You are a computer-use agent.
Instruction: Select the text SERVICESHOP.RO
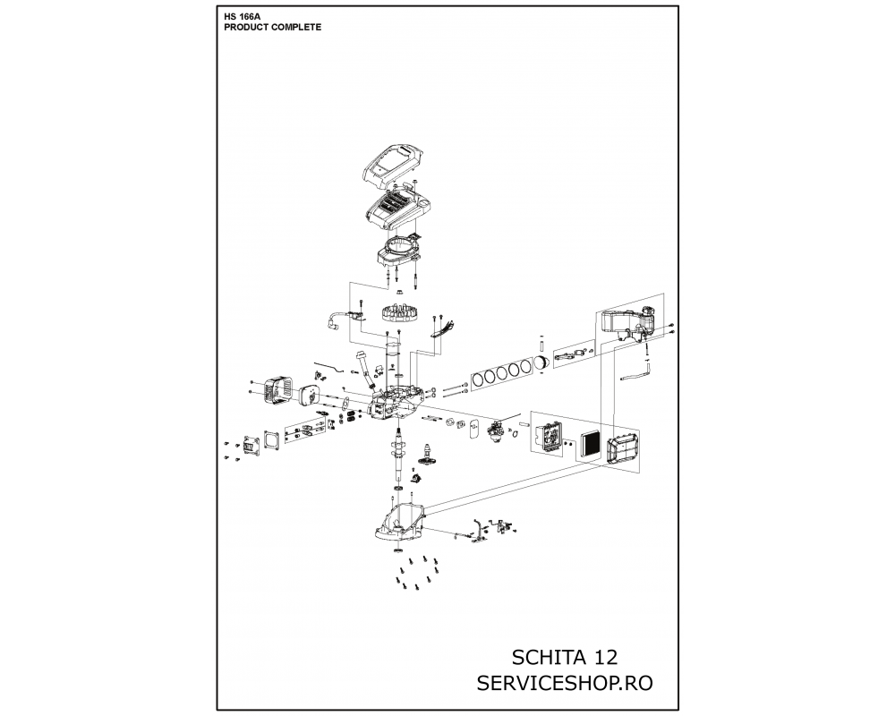pyautogui.click(x=565, y=683)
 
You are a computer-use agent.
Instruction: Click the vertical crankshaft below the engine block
pyautogui.click(x=399, y=451)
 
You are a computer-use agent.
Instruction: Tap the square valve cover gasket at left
pyautogui.click(x=273, y=439)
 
